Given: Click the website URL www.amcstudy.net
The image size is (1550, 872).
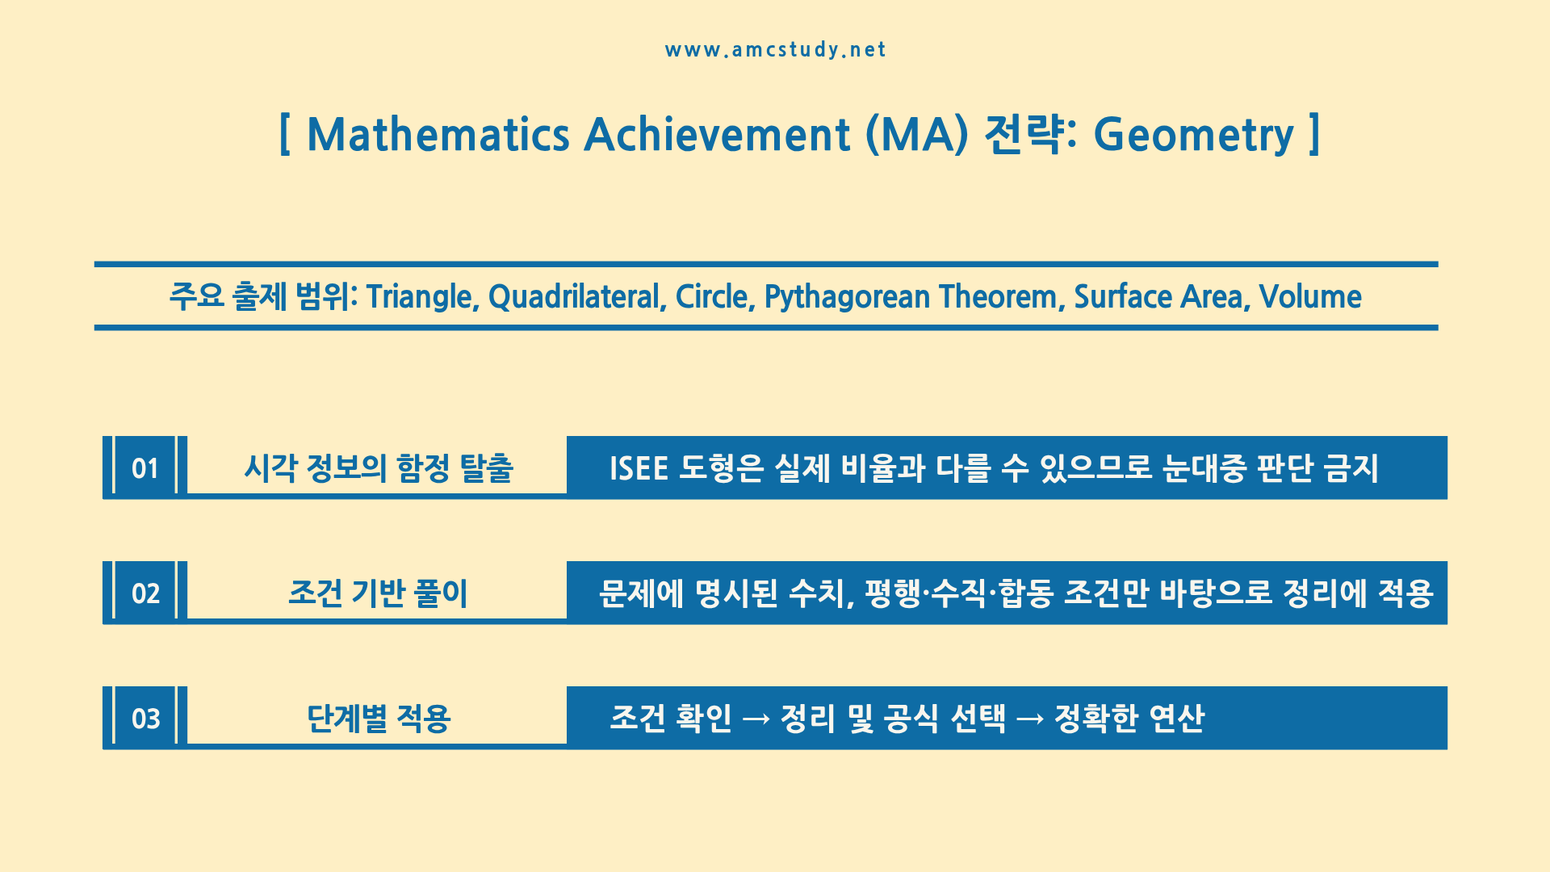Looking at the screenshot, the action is (x=775, y=50).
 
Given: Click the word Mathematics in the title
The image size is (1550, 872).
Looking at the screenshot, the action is (x=438, y=134).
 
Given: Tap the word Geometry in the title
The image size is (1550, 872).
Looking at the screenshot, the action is (x=1193, y=135).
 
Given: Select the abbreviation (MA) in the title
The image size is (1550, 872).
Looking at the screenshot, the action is (x=916, y=135).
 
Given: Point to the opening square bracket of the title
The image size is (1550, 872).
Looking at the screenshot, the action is (x=284, y=134).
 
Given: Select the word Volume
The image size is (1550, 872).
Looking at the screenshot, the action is (x=1310, y=297).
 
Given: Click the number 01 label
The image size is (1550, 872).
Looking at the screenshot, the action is (x=145, y=468).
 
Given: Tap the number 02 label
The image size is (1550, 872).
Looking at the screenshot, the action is (x=145, y=593).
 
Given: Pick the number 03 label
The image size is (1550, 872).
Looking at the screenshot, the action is (x=145, y=719).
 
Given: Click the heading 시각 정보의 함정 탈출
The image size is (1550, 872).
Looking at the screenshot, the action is (x=379, y=468).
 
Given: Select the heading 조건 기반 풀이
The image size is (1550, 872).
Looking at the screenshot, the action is (x=378, y=593).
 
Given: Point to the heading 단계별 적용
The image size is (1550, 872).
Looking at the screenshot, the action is (x=378, y=719).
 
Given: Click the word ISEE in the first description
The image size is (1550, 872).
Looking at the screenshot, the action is (x=639, y=468).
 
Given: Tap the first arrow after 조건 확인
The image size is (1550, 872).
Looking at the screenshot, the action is (x=756, y=719).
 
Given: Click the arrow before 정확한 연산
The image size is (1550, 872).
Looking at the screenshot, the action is (x=1030, y=719).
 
